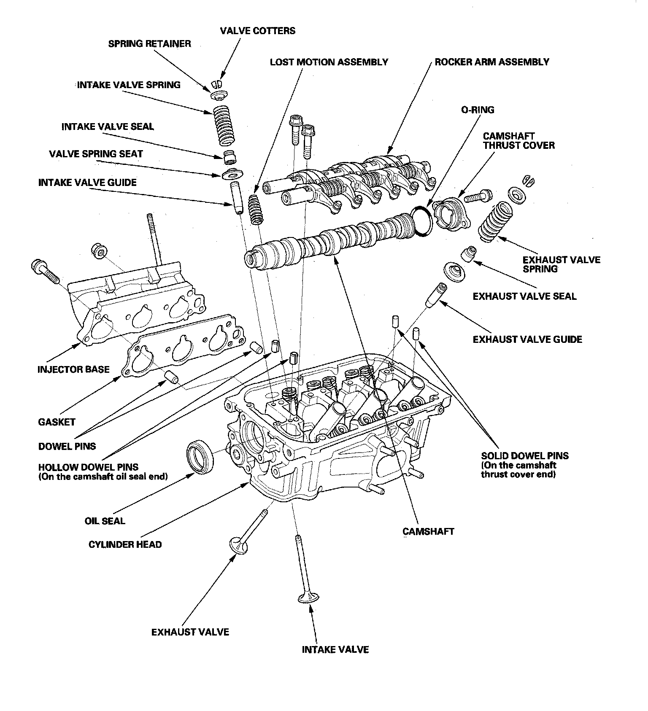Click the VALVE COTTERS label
point(257,31)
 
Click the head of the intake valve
point(308,598)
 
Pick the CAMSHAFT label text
point(428,531)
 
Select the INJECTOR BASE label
point(73,369)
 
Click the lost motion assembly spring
point(255,210)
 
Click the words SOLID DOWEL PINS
point(525,456)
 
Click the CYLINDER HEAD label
point(125,544)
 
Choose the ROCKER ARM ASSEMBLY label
point(492,62)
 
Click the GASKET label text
point(57,422)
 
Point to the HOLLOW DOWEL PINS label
point(88,467)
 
